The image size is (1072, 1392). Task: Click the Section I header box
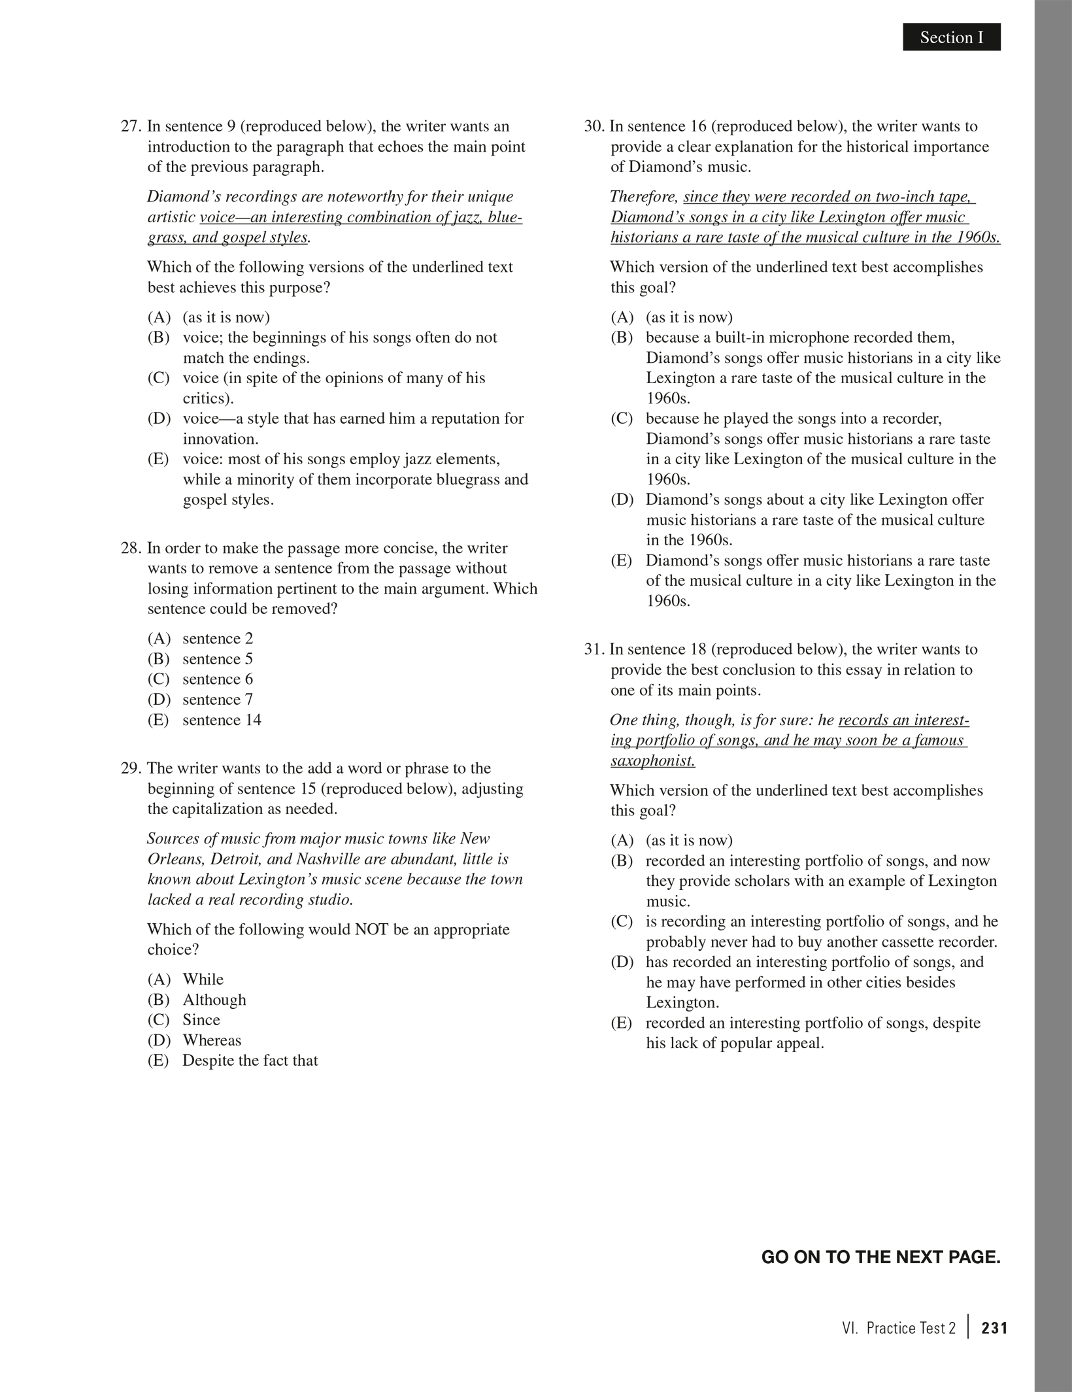[x=951, y=37]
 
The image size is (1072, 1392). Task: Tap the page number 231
[x=994, y=1328]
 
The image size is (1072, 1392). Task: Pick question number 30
[x=594, y=126]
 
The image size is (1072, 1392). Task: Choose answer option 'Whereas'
[x=212, y=1040]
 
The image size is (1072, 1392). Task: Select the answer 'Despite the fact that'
[x=250, y=1061]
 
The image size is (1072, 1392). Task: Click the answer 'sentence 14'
[x=222, y=720]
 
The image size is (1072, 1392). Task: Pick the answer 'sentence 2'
[x=218, y=639]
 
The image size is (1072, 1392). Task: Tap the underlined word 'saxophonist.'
[x=653, y=761]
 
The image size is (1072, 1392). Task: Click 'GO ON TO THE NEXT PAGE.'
[x=880, y=1257]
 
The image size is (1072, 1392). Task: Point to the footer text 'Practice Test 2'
[x=911, y=1328]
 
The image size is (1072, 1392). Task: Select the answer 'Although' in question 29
[x=214, y=1000]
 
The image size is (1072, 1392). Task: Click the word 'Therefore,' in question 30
[x=644, y=197]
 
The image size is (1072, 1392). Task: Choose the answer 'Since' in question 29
[x=201, y=1020]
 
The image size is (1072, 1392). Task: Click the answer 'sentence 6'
[x=218, y=679]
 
